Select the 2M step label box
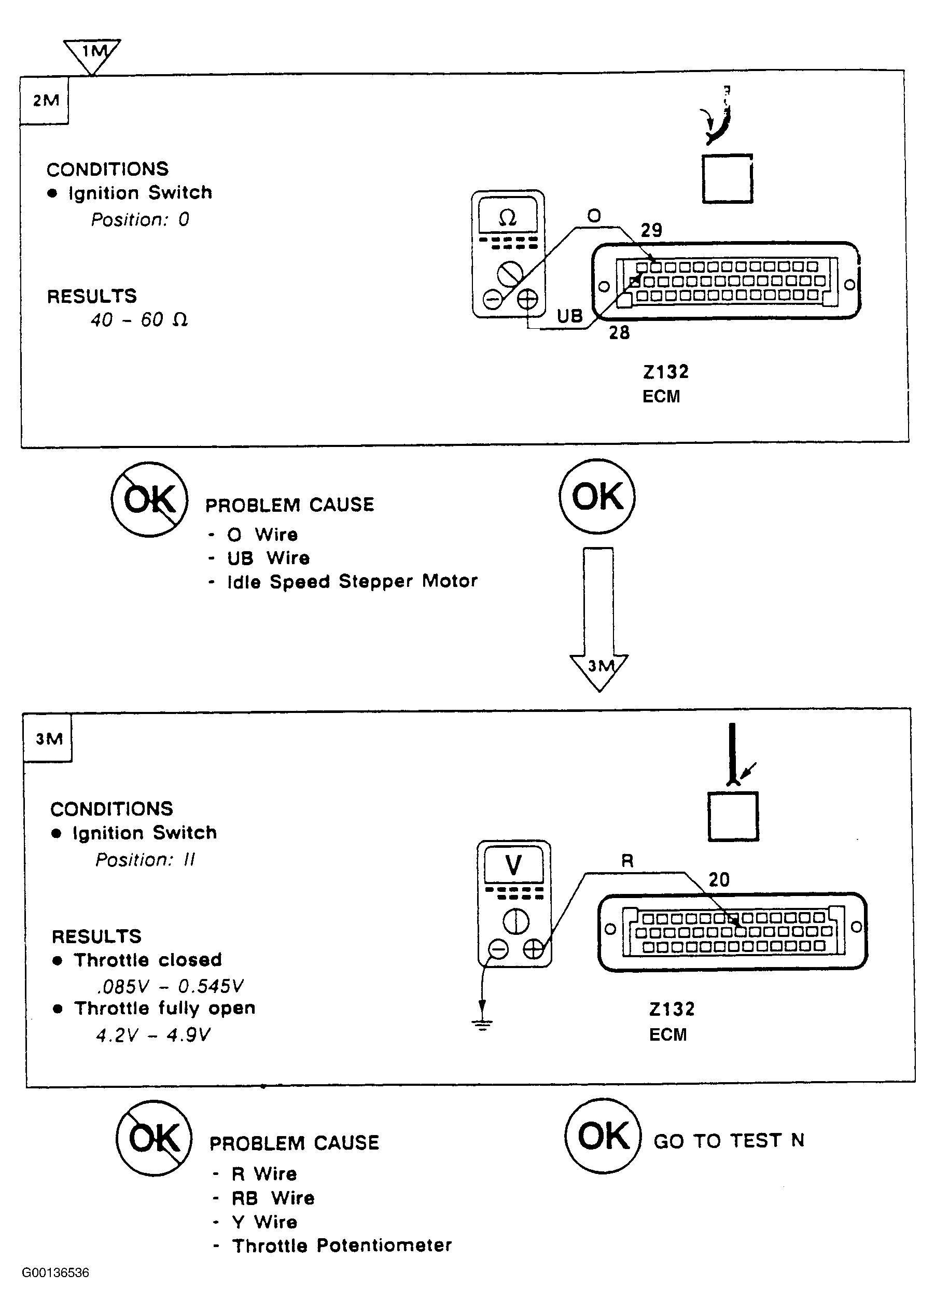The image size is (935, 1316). (x=44, y=100)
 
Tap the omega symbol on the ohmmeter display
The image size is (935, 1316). (x=507, y=218)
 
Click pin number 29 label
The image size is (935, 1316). (x=652, y=230)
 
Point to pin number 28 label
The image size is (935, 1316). (x=620, y=332)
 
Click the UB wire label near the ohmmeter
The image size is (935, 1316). (x=570, y=315)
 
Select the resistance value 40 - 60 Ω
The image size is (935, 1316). (x=139, y=319)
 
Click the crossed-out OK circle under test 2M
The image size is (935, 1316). (x=150, y=499)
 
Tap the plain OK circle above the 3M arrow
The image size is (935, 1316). (x=597, y=496)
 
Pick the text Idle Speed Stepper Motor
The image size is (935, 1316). (x=352, y=581)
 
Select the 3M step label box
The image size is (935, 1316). (x=48, y=738)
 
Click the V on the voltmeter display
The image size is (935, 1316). (x=513, y=865)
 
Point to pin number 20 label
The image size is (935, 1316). (x=719, y=879)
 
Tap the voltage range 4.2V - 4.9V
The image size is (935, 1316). (x=153, y=1035)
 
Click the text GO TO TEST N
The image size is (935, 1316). (x=729, y=1140)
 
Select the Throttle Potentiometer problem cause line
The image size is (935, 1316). (x=342, y=1245)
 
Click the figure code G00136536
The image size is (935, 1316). (x=55, y=1273)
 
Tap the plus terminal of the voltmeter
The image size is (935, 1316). (x=534, y=949)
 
